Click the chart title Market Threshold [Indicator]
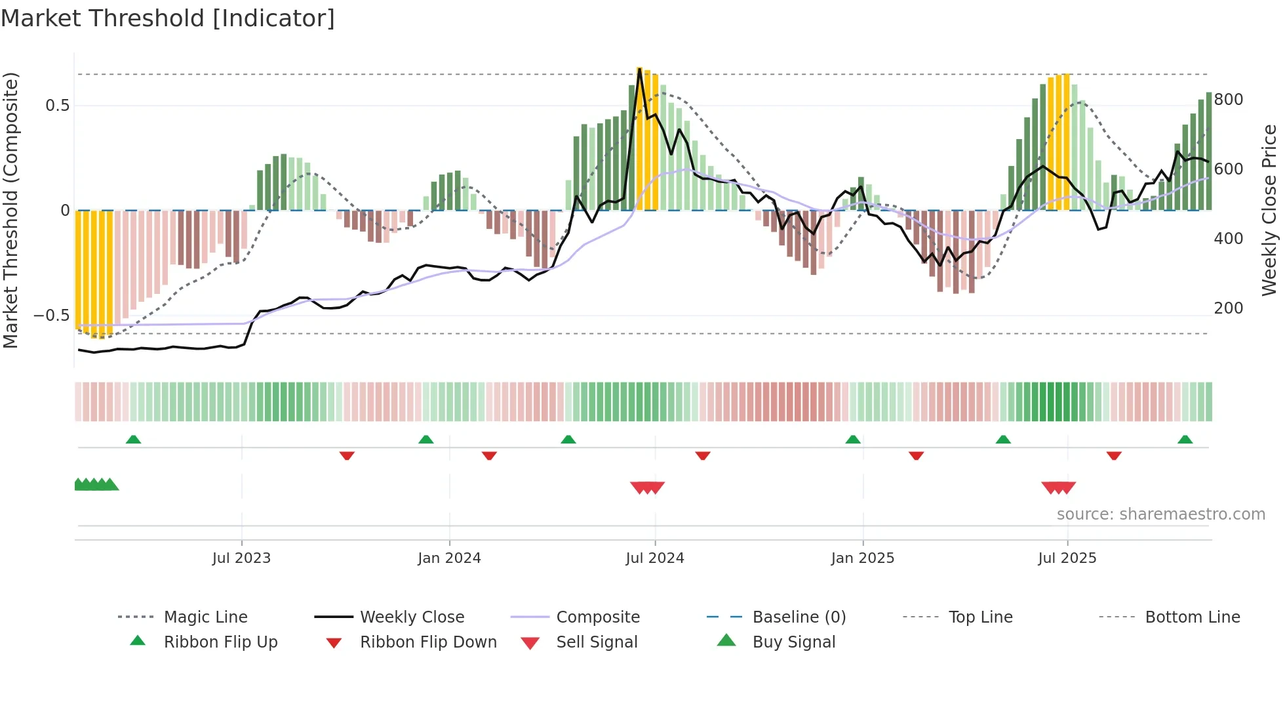click(168, 18)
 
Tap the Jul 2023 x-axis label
click(241, 558)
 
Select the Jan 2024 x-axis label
click(449, 558)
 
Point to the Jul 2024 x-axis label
click(654, 558)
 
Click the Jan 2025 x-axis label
click(862, 558)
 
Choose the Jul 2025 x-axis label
click(1067, 558)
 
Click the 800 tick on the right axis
click(1228, 100)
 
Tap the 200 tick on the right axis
click(1228, 308)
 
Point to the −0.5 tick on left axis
click(51, 316)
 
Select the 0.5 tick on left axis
click(57, 106)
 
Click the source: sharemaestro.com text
click(1160, 514)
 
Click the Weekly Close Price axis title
click(1269, 210)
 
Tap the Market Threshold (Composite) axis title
click(10, 210)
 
